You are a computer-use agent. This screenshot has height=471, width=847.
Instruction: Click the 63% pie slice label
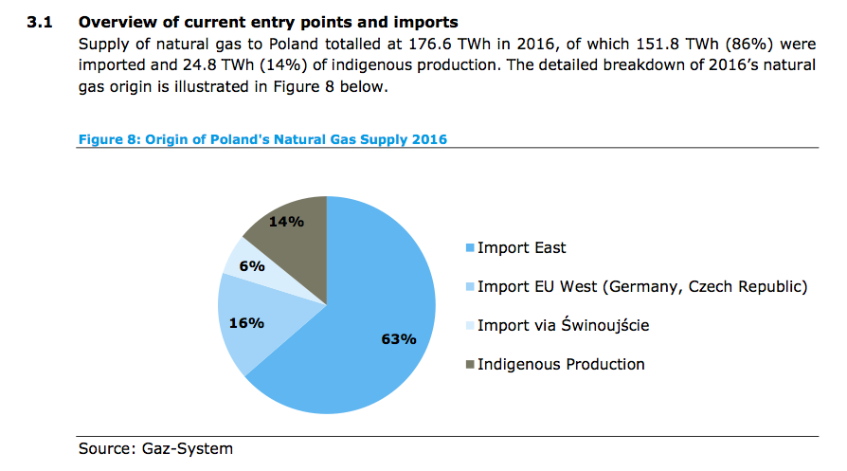(x=399, y=339)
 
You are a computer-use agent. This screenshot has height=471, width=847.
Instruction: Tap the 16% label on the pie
(x=246, y=322)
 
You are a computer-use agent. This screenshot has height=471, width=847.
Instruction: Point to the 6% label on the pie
(x=251, y=266)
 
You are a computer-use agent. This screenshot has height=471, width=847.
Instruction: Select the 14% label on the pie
(x=286, y=222)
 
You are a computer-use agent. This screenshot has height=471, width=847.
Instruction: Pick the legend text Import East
(x=521, y=248)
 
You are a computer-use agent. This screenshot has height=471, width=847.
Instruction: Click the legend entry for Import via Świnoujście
(x=563, y=326)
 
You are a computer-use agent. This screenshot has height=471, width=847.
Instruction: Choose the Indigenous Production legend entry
(x=561, y=364)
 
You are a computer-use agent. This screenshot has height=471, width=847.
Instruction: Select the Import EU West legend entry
(x=641, y=286)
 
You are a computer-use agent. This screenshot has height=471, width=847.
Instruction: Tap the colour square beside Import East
(x=469, y=249)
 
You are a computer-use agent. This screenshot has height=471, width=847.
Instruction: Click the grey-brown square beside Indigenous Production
(x=469, y=365)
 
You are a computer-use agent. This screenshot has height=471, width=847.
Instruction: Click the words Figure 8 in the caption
(x=108, y=140)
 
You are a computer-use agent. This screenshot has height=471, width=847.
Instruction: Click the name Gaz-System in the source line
(x=188, y=448)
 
